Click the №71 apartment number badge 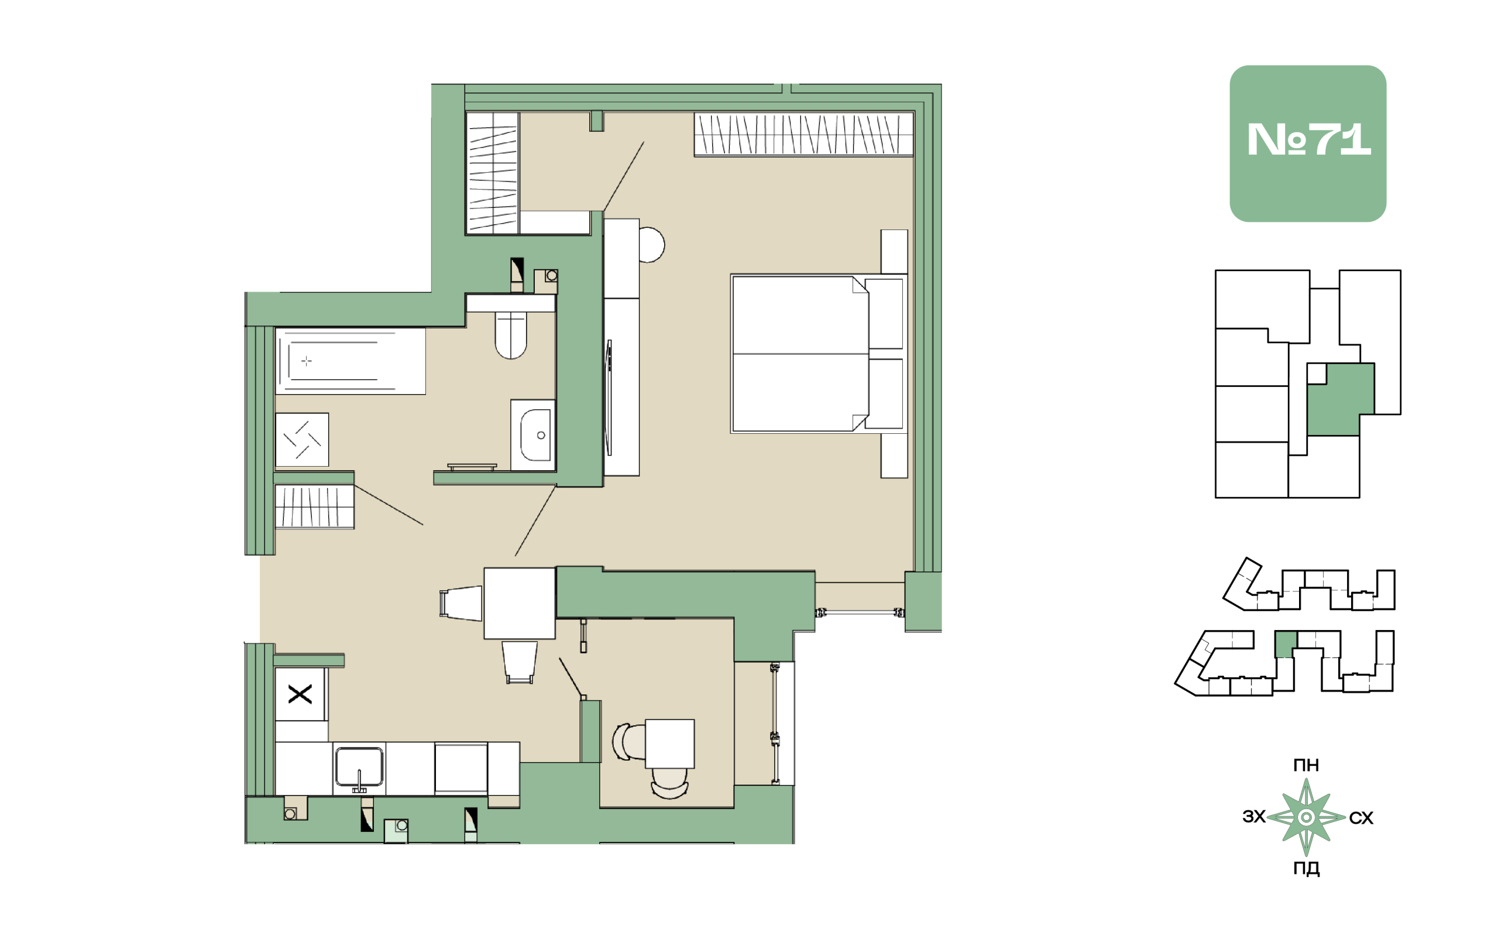[x=1307, y=143]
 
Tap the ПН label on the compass [x=1305, y=765]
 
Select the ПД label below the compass [x=1306, y=868]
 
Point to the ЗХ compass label [x=1254, y=816]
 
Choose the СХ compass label [x=1360, y=817]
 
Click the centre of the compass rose [x=1306, y=817]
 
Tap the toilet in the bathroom [x=510, y=334]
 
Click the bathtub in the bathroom [x=351, y=361]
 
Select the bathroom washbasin [x=533, y=435]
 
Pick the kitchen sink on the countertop [x=359, y=767]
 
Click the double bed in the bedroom [x=818, y=354]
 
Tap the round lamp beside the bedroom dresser [x=651, y=245]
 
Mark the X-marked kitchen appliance [x=300, y=694]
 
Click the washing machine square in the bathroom [x=302, y=440]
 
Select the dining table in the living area [x=520, y=603]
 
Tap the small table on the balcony [x=669, y=743]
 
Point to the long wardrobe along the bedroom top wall [x=803, y=134]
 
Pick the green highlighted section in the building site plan [x=1285, y=644]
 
